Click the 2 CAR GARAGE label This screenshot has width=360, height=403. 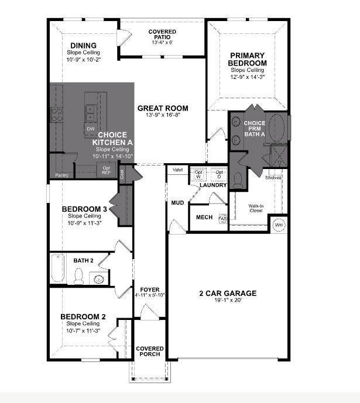click(x=227, y=293)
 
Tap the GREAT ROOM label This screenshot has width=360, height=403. click(x=163, y=108)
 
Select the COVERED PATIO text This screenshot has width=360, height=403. click(x=162, y=35)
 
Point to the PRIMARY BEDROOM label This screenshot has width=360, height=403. click(x=248, y=59)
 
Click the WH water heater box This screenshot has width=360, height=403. click(x=279, y=225)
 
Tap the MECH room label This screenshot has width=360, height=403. click(x=204, y=217)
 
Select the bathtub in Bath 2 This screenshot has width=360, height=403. click(x=57, y=269)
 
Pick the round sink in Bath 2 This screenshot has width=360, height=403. click(x=100, y=279)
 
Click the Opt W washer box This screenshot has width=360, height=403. click(x=199, y=174)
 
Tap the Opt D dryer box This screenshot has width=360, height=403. click(x=219, y=174)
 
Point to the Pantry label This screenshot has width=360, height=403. click(x=61, y=175)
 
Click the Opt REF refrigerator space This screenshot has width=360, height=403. click(x=106, y=170)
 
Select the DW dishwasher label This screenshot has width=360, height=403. click(x=90, y=128)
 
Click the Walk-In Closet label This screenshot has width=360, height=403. click(x=256, y=208)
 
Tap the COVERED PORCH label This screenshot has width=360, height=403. click(x=150, y=352)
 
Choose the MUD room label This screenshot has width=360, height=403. click(x=177, y=203)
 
